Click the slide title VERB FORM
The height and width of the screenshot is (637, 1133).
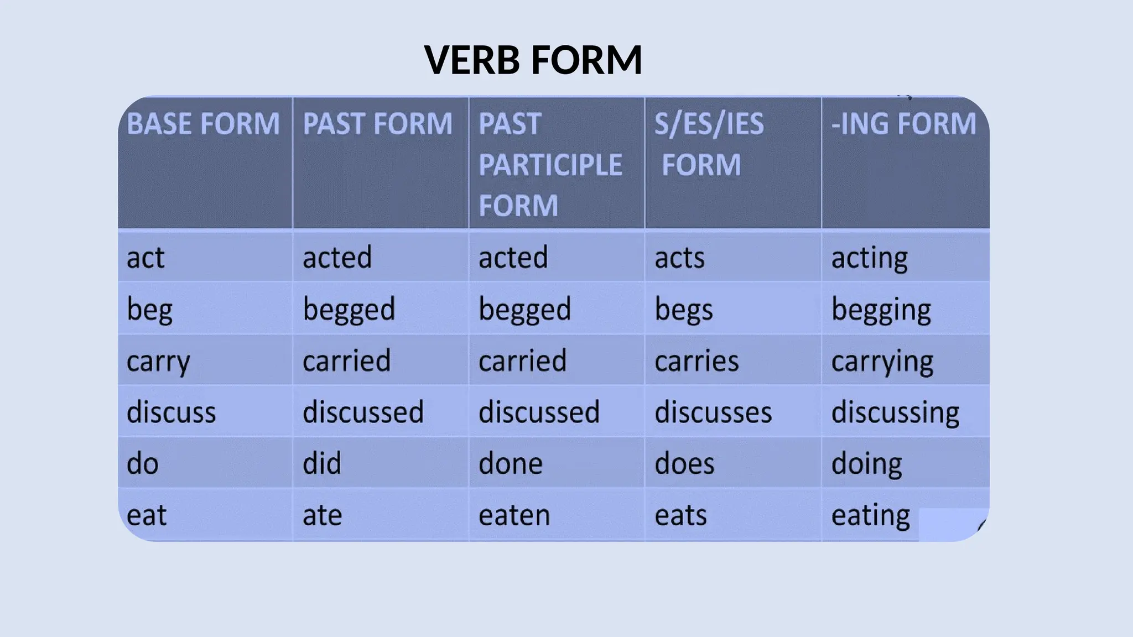pos(533,60)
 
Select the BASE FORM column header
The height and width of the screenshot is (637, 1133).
pos(203,123)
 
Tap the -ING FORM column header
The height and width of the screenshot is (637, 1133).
pos(904,123)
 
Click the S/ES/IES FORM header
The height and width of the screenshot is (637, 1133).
pos(709,144)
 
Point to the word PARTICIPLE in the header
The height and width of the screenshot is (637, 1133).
pos(550,165)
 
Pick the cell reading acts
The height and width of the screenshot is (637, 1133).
pos(679,258)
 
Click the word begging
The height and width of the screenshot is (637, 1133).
pos(881,310)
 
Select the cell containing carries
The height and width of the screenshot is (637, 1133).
pos(697,361)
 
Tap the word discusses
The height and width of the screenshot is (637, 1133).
pos(713,413)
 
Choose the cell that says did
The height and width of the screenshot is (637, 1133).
pos(321,463)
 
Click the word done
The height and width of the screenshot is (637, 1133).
pos(510,463)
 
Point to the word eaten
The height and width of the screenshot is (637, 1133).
pos(514,515)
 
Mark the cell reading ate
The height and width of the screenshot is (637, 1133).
pos(322,515)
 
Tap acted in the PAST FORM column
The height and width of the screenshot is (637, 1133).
pos(337,258)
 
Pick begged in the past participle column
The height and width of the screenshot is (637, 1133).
pos(524,310)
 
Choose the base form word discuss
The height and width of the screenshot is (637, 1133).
pos(171,413)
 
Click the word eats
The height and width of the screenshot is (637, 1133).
pos(680,515)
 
